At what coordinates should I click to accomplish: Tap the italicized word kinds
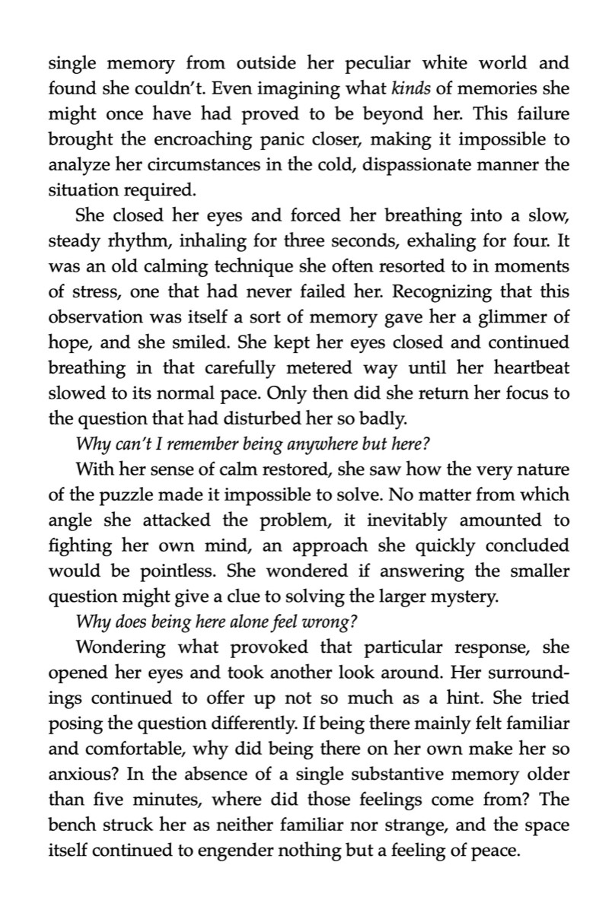(412, 88)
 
